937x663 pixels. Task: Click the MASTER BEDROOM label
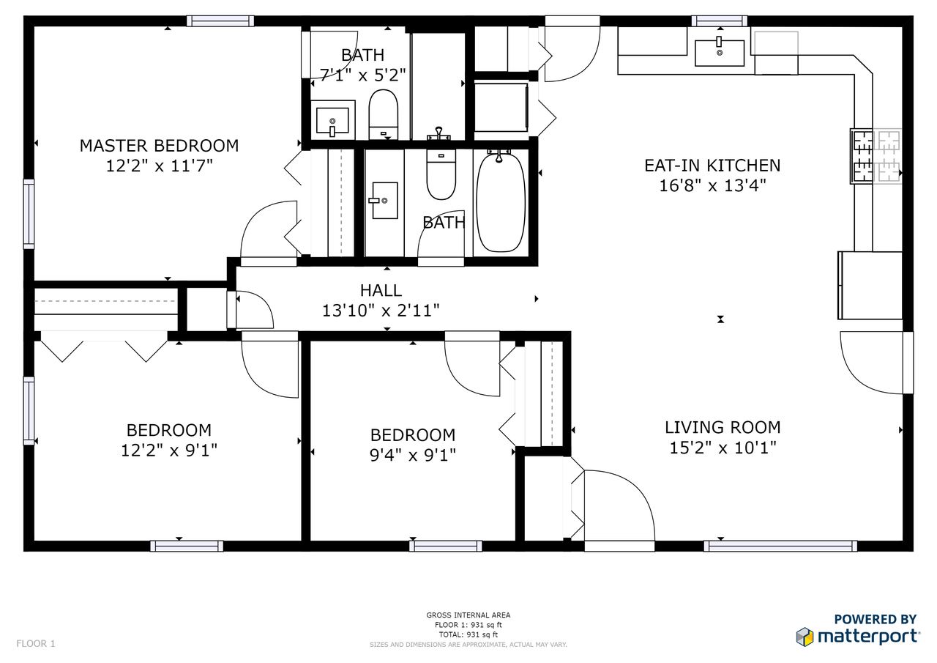click(x=159, y=146)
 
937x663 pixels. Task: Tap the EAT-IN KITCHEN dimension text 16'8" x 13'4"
click(x=712, y=186)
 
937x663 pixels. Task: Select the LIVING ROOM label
click(x=723, y=427)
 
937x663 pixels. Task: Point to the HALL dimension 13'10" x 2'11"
click(x=381, y=311)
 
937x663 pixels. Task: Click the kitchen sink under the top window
click(x=719, y=53)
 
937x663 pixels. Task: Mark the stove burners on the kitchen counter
click(x=876, y=156)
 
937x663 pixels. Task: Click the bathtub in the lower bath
click(x=501, y=201)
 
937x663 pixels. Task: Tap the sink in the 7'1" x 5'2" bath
click(x=333, y=119)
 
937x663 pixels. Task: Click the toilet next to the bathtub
click(x=441, y=176)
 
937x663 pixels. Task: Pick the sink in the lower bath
click(x=384, y=200)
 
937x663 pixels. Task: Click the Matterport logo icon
click(x=805, y=637)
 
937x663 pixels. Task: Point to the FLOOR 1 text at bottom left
click(x=36, y=644)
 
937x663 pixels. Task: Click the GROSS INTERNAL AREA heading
click(x=468, y=615)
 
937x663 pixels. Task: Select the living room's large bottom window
click(x=780, y=546)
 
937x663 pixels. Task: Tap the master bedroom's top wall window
click(x=220, y=21)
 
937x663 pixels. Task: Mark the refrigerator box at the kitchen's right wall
click(x=870, y=285)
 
